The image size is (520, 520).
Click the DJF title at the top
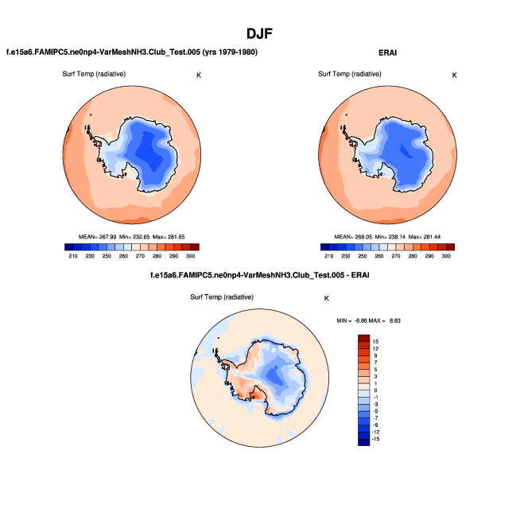pos(260,34)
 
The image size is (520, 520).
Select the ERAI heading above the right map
pos(387,52)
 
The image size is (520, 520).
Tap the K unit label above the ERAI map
pos(454,76)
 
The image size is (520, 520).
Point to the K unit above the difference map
pos(326,298)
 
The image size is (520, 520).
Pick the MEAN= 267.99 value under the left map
pos(95,237)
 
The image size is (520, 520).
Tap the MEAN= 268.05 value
pos(351,237)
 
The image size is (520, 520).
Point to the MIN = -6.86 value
pos(354,320)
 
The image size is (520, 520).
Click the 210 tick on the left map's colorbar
pos(73,256)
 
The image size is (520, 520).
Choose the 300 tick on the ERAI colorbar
pos(447,256)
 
